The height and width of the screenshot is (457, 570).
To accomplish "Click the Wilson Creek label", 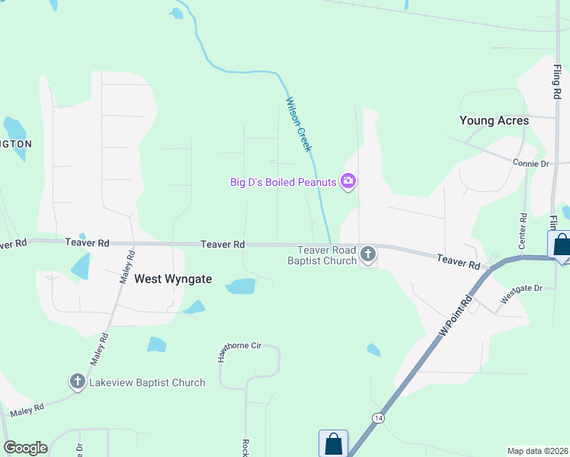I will click(x=299, y=124).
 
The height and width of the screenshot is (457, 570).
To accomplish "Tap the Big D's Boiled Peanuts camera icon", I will click(x=349, y=181).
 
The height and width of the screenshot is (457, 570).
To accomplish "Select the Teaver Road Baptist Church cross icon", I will click(x=368, y=254).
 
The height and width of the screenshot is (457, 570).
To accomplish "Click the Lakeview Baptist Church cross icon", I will click(x=77, y=382).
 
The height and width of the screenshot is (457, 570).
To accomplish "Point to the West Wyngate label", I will click(x=172, y=279).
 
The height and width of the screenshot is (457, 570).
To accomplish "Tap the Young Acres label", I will click(x=494, y=120).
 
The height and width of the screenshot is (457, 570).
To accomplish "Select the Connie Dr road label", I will click(x=530, y=164).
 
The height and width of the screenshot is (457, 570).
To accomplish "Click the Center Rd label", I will click(x=523, y=231).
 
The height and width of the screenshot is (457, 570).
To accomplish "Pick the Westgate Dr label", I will click(x=521, y=289).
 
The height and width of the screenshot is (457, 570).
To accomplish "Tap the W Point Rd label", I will click(x=455, y=319).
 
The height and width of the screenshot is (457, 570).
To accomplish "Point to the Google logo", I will click(x=26, y=448).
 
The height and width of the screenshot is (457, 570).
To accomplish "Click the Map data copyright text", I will click(x=538, y=451).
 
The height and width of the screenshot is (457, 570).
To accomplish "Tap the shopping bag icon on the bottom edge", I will click(x=333, y=443).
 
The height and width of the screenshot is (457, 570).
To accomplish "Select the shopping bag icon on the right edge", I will click(x=561, y=245).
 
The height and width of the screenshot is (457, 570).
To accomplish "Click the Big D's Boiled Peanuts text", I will click(x=283, y=182).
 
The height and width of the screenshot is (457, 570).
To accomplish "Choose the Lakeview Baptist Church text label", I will click(x=147, y=382).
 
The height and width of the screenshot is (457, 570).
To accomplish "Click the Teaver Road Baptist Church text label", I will click(x=327, y=255).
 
